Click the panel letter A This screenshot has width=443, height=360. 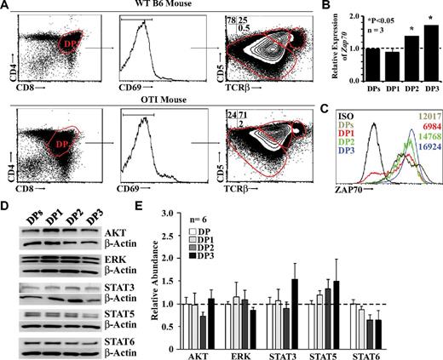7,7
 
